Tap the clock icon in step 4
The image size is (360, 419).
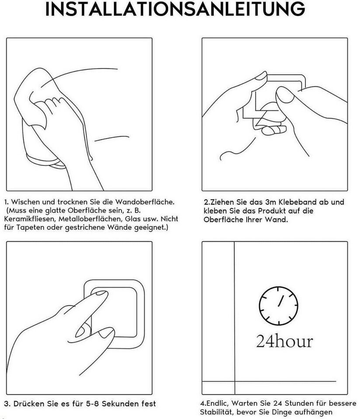tap(278, 306)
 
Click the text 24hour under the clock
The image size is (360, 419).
tap(284, 341)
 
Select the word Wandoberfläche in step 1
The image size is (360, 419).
tap(145, 202)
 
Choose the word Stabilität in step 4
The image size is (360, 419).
tap(217, 412)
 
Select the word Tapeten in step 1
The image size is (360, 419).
tap(31, 228)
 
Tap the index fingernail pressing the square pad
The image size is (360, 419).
tap(101, 293)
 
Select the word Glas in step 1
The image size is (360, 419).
tap(133, 219)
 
